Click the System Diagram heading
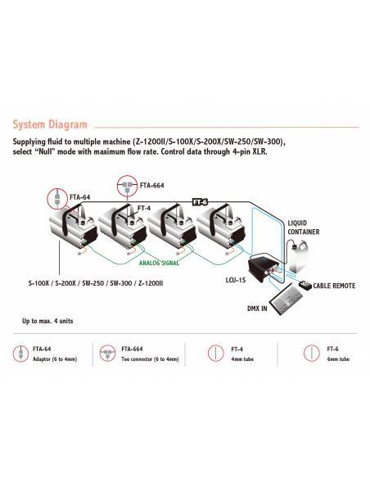49,125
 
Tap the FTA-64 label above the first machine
81,197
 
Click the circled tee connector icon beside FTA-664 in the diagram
126,185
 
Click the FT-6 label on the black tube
200,201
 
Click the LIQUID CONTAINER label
303,227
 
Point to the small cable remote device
305,285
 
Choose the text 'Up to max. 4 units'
47,321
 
